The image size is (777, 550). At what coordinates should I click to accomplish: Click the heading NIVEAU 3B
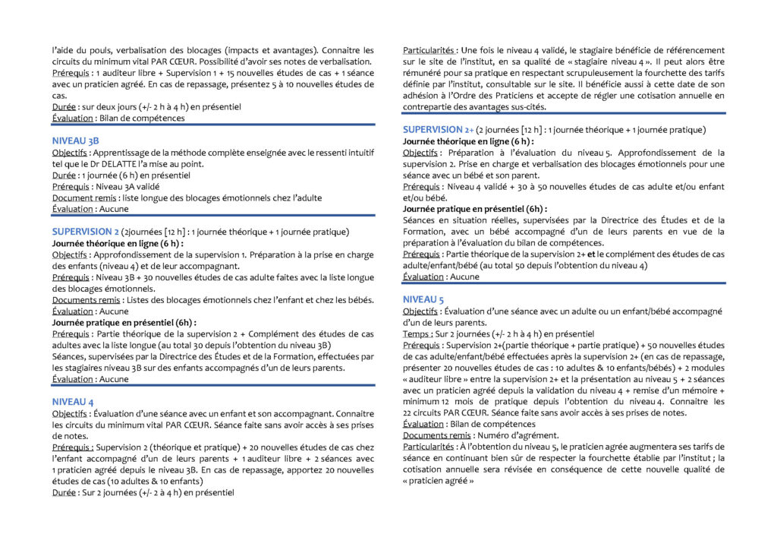tap(75, 141)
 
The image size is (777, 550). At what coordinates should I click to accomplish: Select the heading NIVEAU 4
tap(73, 401)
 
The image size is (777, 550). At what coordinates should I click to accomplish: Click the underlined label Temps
tap(416, 334)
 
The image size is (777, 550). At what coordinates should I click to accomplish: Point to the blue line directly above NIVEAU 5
tap(564, 283)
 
